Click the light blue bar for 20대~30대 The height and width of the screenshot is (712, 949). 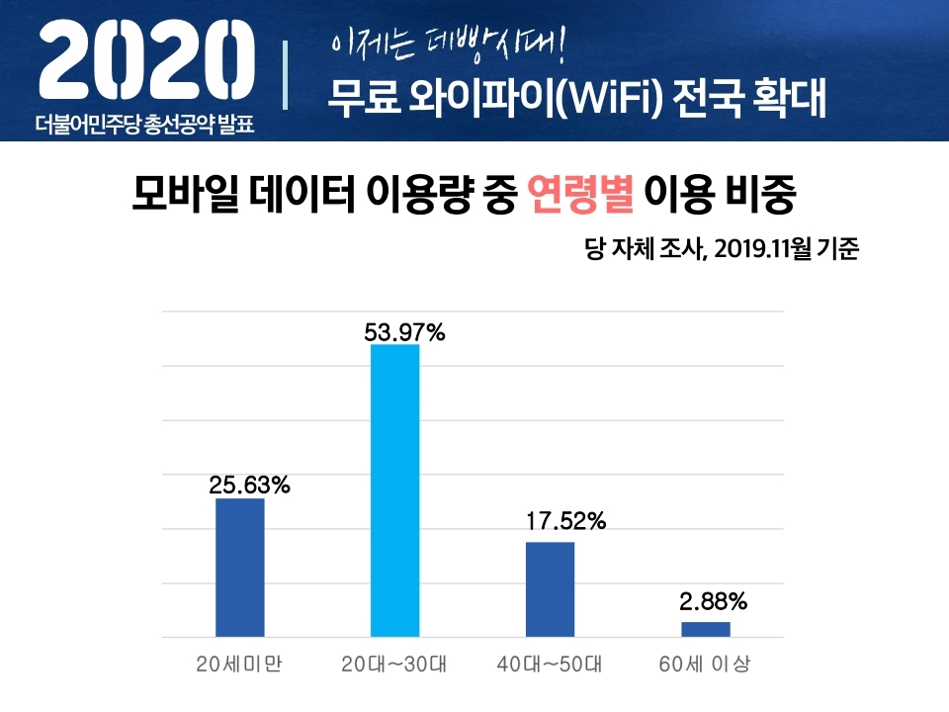coord(394,490)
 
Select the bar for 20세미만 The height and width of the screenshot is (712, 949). coord(240,568)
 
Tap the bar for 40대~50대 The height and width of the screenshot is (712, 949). coord(550,589)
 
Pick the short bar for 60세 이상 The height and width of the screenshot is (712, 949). coord(705,629)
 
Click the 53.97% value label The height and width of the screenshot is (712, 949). coord(404,333)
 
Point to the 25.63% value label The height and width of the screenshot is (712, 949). coord(249,486)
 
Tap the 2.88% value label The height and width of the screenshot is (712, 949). coord(713,600)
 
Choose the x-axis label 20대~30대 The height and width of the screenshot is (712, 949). coord(394,664)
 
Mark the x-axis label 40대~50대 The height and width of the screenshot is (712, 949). coord(550,664)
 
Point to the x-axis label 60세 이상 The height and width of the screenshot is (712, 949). coord(705,664)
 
